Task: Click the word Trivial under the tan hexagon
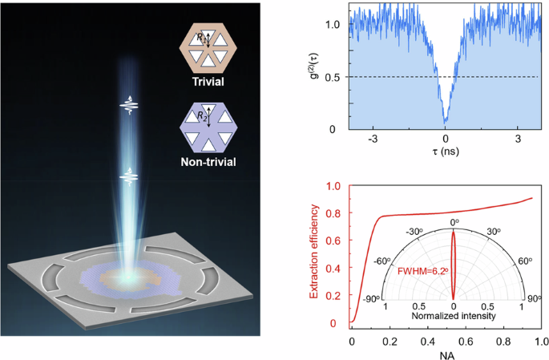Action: (202, 82)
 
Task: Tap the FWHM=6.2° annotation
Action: (424, 271)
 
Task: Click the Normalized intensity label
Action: (454, 315)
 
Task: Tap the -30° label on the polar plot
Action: (414, 233)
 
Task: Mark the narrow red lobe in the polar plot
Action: (454, 265)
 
